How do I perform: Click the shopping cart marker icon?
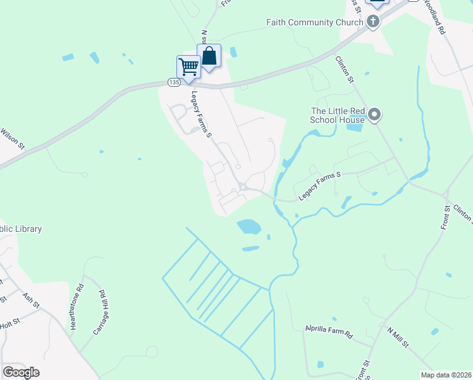(188, 66)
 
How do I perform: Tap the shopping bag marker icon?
(209, 56)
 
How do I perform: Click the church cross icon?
(373, 22)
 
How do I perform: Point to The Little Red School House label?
(338, 115)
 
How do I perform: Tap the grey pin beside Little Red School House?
(374, 115)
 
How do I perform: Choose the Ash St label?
(30, 298)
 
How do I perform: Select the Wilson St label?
(12, 139)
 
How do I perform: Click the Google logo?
(21, 372)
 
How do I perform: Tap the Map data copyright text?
(446, 375)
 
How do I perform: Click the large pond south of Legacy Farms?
(249, 226)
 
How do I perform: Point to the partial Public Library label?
(21, 229)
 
